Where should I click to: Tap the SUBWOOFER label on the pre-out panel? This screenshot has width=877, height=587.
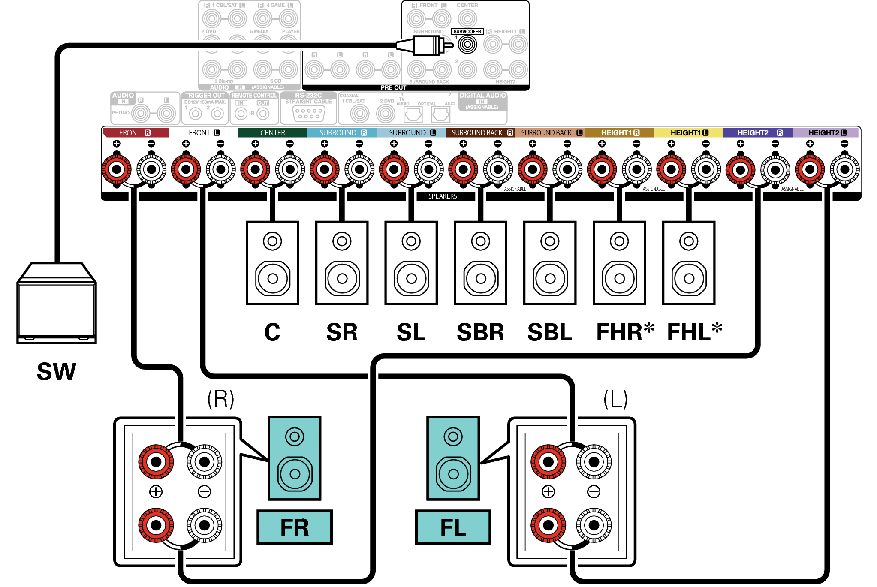click(x=467, y=32)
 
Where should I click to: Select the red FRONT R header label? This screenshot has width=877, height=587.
click(x=135, y=133)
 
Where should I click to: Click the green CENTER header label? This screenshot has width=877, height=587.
click(x=272, y=133)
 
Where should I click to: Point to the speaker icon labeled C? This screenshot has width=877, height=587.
click(x=272, y=263)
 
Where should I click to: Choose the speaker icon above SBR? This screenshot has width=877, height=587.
click(x=480, y=263)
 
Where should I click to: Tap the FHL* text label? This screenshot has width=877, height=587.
click(x=694, y=332)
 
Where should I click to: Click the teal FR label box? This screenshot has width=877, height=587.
click(x=294, y=527)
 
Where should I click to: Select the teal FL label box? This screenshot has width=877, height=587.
click(x=453, y=527)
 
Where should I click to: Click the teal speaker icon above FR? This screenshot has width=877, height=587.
click(x=294, y=458)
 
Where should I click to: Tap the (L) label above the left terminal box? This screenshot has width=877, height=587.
click(x=615, y=400)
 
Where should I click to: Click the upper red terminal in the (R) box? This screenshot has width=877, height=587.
click(x=156, y=462)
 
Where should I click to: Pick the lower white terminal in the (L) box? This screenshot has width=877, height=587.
click(x=594, y=525)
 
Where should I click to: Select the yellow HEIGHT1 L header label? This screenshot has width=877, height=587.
click(x=689, y=133)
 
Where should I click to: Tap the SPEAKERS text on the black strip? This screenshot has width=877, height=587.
click(x=443, y=196)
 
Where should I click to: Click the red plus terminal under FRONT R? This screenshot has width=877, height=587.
click(x=117, y=169)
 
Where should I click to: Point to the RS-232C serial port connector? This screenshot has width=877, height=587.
click(x=309, y=114)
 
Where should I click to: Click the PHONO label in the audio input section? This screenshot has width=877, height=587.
click(x=121, y=113)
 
